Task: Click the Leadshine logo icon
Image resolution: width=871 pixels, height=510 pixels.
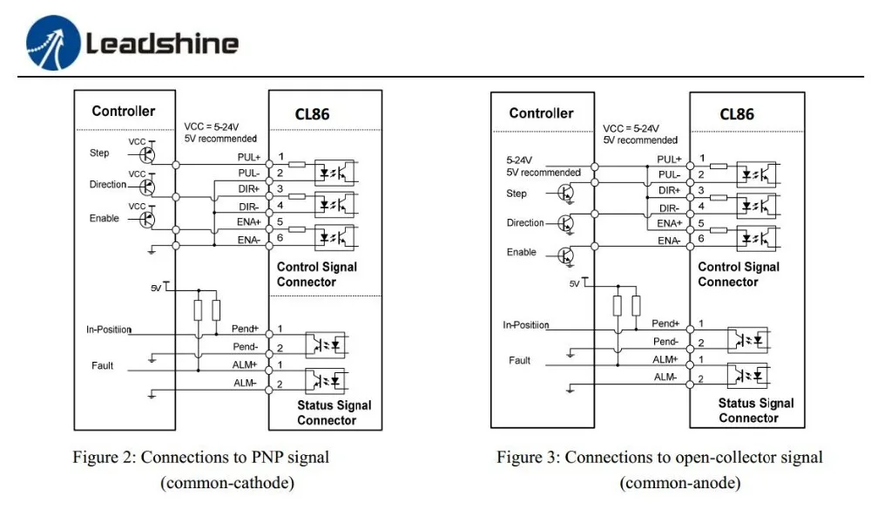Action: (52, 44)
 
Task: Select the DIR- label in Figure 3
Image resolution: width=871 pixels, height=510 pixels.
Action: (669, 207)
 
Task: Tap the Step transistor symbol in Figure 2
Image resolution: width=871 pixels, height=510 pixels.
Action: (148, 153)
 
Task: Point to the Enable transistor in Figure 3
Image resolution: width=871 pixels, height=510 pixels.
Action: (566, 255)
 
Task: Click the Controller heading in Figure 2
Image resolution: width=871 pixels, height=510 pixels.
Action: (124, 111)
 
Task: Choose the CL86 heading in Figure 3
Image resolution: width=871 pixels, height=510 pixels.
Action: (737, 114)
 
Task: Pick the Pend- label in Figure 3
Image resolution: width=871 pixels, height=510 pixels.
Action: (665, 341)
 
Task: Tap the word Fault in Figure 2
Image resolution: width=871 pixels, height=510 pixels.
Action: (103, 365)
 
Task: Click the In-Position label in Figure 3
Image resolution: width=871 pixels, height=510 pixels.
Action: (526, 325)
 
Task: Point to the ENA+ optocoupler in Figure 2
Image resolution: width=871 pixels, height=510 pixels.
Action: (334, 236)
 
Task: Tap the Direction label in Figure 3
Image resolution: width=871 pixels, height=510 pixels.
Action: (525, 223)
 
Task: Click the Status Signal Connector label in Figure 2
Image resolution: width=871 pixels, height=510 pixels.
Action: (334, 412)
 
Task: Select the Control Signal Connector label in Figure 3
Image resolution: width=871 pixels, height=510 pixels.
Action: (739, 275)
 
